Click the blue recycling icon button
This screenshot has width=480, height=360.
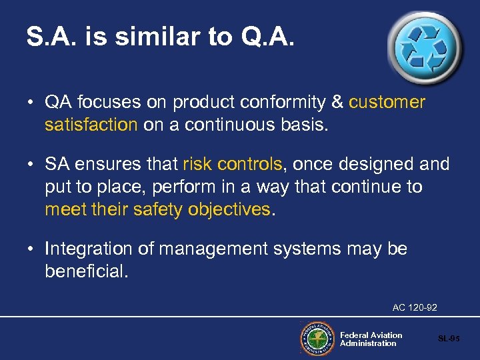pyautogui.click(x=423, y=47)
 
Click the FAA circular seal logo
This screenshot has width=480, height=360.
pyautogui.click(x=317, y=339)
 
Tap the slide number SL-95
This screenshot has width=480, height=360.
pyautogui.click(x=449, y=339)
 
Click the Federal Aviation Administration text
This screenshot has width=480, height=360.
pyautogui.click(x=371, y=339)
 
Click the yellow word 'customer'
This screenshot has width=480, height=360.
pyautogui.click(x=387, y=102)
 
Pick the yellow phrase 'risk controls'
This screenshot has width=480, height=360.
pyautogui.click(x=232, y=164)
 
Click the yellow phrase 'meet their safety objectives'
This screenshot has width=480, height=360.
pyautogui.click(x=158, y=209)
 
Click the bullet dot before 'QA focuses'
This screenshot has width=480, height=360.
pyautogui.click(x=32, y=103)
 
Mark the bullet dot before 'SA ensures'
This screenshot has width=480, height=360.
pyautogui.click(x=32, y=165)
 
